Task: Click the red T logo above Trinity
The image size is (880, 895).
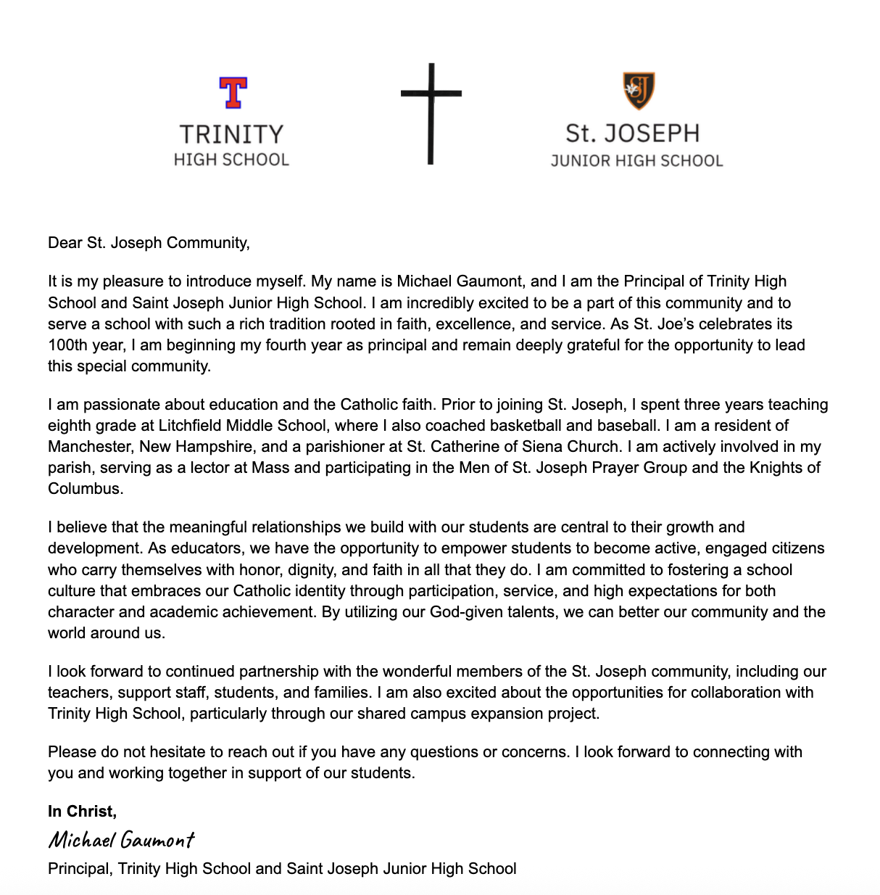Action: click(233, 93)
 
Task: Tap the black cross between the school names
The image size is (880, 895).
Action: click(431, 113)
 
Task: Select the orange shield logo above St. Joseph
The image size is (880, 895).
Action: click(639, 91)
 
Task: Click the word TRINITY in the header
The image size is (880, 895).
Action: click(231, 135)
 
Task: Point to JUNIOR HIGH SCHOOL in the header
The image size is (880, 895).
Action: click(636, 160)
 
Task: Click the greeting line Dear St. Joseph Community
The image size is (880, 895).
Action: click(149, 242)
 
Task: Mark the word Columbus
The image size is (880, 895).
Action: click(84, 488)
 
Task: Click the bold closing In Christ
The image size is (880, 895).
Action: click(82, 811)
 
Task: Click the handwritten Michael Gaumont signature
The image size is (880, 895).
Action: click(121, 840)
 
